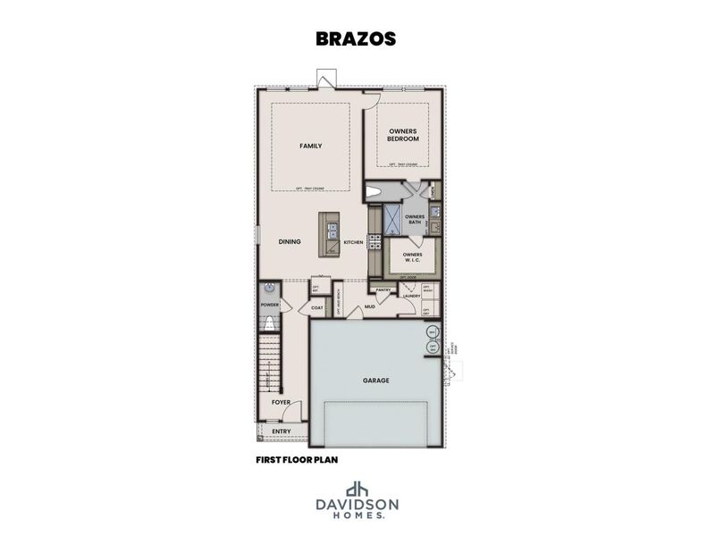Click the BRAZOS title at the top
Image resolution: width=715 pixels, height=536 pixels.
(356, 39)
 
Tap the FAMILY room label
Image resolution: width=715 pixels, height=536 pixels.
(310, 147)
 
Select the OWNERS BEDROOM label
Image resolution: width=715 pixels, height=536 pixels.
(403, 135)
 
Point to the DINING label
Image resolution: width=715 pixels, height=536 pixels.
(289, 241)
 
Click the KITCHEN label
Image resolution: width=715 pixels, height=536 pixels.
(354, 242)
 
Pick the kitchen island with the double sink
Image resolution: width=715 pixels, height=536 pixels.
(331, 234)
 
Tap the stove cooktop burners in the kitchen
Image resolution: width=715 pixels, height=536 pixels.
(375, 241)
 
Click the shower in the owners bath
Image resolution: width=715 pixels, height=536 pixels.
(391, 218)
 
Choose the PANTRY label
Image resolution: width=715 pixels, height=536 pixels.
(384, 289)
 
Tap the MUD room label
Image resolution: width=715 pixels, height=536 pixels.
(368, 307)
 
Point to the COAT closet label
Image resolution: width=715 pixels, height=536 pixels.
(316, 308)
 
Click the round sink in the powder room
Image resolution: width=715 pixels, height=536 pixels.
(267, 289)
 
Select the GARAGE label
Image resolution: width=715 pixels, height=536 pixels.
(376, 381)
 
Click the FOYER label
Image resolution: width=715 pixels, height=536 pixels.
(281, 403)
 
